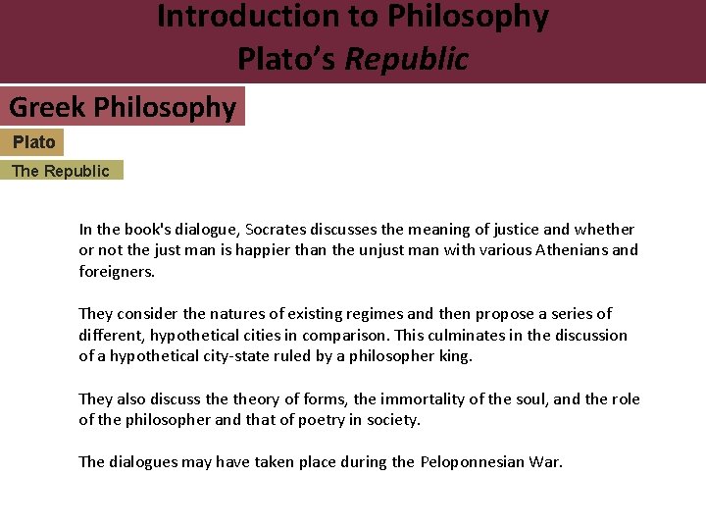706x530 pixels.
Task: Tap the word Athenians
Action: (x=570, y=250)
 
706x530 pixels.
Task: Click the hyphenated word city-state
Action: (x=255, y=356)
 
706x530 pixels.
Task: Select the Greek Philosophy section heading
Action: (x=123, y=107)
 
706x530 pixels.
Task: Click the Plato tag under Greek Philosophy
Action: (x=33, y=142)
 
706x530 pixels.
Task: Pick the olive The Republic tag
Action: (x=61, y=171)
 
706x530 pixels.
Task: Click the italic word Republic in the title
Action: (x=407, y=59)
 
